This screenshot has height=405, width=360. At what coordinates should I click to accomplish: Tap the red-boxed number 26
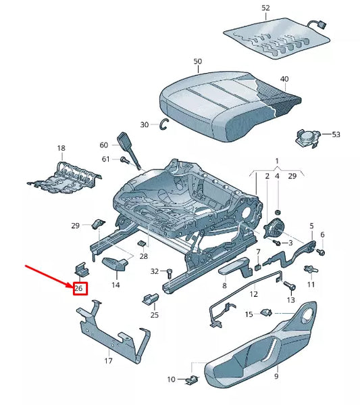(79, 289)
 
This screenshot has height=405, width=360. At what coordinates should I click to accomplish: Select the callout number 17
(107, 361)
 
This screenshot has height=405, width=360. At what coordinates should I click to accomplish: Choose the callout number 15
(249, 314)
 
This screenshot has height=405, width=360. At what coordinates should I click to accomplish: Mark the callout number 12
(254, 294)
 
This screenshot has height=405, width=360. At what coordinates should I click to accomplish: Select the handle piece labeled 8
(234, 270)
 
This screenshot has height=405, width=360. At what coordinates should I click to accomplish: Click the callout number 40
(284, 79)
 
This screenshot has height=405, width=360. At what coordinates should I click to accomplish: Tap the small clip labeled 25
(150, 298)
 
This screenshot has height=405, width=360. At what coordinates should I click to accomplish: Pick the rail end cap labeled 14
(117, 264)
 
